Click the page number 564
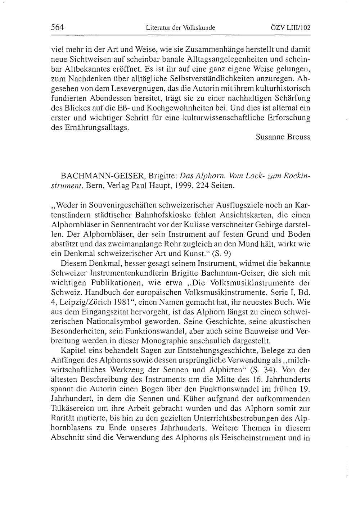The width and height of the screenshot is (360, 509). [57, 27]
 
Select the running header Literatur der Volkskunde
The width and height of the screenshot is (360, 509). [180, 27]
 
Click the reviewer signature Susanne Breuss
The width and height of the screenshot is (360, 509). [283, 137]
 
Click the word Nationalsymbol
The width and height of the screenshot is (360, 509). [113, 321]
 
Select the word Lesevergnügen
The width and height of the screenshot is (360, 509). [136, 88]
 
